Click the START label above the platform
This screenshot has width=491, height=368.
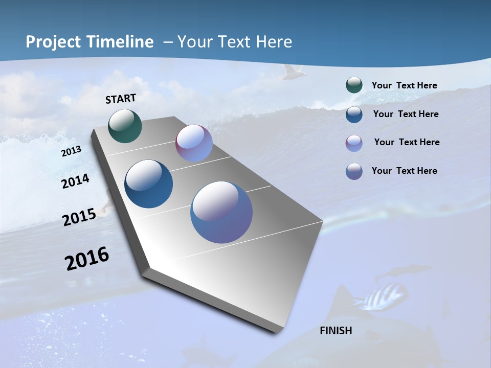121,99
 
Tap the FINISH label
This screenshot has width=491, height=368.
336,331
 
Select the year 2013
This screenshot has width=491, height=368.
72,151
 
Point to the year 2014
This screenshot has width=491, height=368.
75,181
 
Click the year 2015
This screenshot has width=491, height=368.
79,217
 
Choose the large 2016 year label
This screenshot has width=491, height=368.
87,259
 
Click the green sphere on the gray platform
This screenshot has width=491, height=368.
125,126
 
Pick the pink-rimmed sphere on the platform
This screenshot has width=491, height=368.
194,143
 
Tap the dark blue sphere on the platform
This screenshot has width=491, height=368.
148,184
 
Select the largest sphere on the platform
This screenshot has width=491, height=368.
221,212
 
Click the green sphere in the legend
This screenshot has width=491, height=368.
354,85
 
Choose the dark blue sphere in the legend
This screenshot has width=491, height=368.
354,114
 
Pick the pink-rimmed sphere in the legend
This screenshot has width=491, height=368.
354,143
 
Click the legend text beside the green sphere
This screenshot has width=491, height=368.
404,85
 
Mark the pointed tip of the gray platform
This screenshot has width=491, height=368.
276,331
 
